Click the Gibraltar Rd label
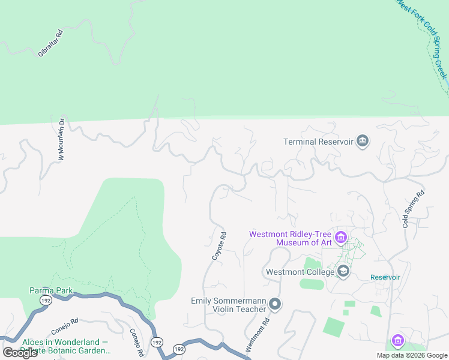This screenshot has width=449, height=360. click(50, 44)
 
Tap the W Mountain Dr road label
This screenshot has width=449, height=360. click(64, 139)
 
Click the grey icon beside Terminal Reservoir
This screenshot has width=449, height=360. click(363, 142)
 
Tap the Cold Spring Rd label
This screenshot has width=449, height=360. click(414, 209)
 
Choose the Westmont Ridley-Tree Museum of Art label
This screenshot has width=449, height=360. click(291, 238)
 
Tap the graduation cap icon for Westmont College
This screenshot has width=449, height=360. click(343, 272)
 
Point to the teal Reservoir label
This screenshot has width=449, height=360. click(385, 277)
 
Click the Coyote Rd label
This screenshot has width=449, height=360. click(218, 246)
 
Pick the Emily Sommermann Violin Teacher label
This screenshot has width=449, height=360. click(228, 305)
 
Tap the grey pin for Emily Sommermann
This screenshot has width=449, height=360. click(275, 305)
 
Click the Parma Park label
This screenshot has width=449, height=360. click(51, 291)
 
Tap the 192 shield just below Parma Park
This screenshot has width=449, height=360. click(46, 300)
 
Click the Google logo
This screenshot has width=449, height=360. click(19, 353)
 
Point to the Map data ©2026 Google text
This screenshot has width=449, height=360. click(412, 355)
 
